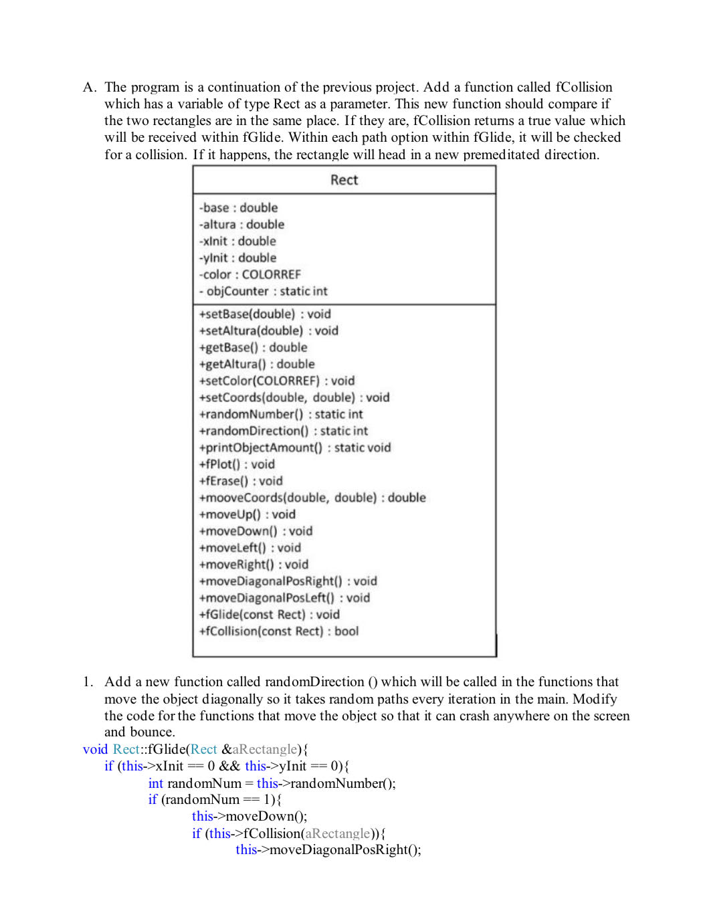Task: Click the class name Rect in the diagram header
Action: (x=344, y=180)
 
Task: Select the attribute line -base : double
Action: (x=238, y=208)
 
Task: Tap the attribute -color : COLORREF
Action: (x=250, y=275)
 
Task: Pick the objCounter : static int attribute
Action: (x=264, y=292)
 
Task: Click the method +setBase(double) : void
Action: (x=265, y=314)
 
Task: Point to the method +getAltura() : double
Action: (x=257, y=365)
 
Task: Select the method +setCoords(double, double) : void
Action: (x=294, y=398)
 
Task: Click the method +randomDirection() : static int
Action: (x=284, y=431)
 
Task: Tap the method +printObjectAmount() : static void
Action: (x=295, y=448)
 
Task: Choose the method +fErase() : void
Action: (x=241, y=482)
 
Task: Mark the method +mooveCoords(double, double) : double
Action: (x=312, y=498)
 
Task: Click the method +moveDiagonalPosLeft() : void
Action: (x=284, y=599)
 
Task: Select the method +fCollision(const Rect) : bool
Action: (x=279, y=631)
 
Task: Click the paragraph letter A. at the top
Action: (x=90, y=88)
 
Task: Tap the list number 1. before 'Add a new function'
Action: (x=88, y=682)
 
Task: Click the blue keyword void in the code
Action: (x=95, y=750)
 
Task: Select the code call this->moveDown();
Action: (x=249, y=817)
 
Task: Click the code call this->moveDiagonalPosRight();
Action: (x=328, y=850)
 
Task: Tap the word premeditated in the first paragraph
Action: (x=501, y=155)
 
